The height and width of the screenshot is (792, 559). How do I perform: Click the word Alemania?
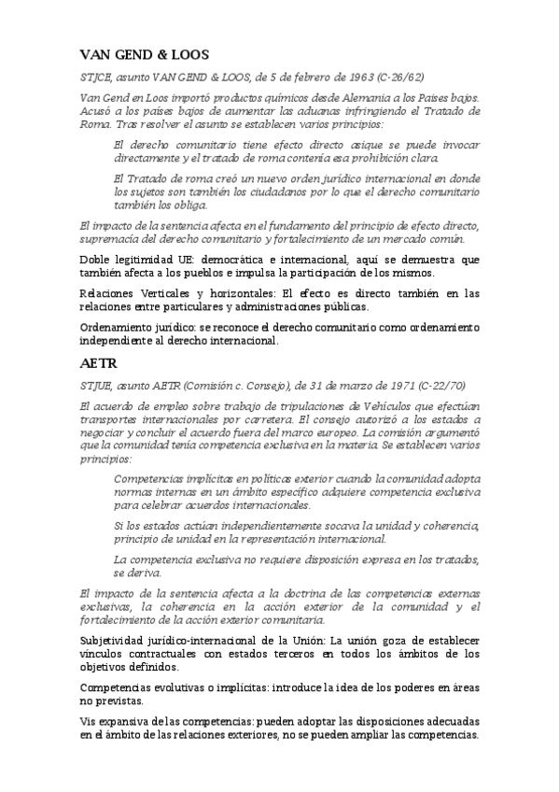click(x=337, y=98)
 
